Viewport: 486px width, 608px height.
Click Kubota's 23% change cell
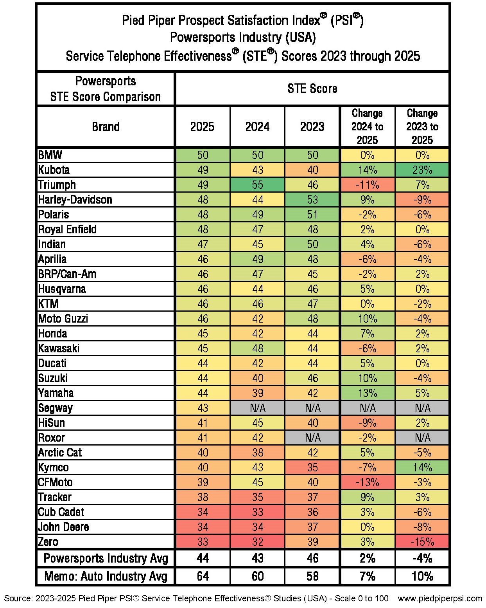pyautogui.click(x=422, y=170)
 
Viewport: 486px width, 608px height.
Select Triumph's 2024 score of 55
pyautogui.click(x=257, y=185)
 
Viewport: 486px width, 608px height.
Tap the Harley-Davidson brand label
pyautogui.click(x=75, y=200)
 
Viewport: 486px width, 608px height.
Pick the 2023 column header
pyautogui.click(x=312, y=126)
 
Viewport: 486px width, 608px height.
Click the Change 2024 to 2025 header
pyautogui.click(x=367, y=126)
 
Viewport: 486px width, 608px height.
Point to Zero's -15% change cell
pyautogui.click(x=422, y=542)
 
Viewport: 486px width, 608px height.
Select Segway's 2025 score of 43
pyautogui.click(x=203, y=408)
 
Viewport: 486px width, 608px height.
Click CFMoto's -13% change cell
pyautogui.click(x=367, y=482)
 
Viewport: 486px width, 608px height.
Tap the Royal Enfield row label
pyautogui.click(x=67, y=229)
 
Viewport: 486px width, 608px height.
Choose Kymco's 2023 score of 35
pyautogui.click(x=312, y=467)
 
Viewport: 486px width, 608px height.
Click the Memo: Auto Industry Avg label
pyautogui.click(x=106, y=576)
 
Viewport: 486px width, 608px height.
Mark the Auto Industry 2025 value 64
pyautogui.click(x=203, y=576)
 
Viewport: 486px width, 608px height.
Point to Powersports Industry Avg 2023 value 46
pyautogui.click(x=312, y=558)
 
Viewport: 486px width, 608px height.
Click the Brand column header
pyautogui.click(x=106, y=126)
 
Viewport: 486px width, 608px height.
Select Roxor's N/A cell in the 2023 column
pyautogui.click(x=312, y=438)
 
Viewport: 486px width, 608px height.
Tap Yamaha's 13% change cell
pyautogui.click(x=367, y=393)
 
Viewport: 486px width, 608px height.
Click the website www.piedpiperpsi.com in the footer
pyautogui.click(x=440, y=598)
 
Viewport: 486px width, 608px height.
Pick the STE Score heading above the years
pyautogui.click(x=312, y=88)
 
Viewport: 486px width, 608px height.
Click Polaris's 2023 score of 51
pyautogui.click(x=312, y=215)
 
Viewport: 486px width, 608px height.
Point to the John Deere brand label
pyautogui.click(x=63, y=527)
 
